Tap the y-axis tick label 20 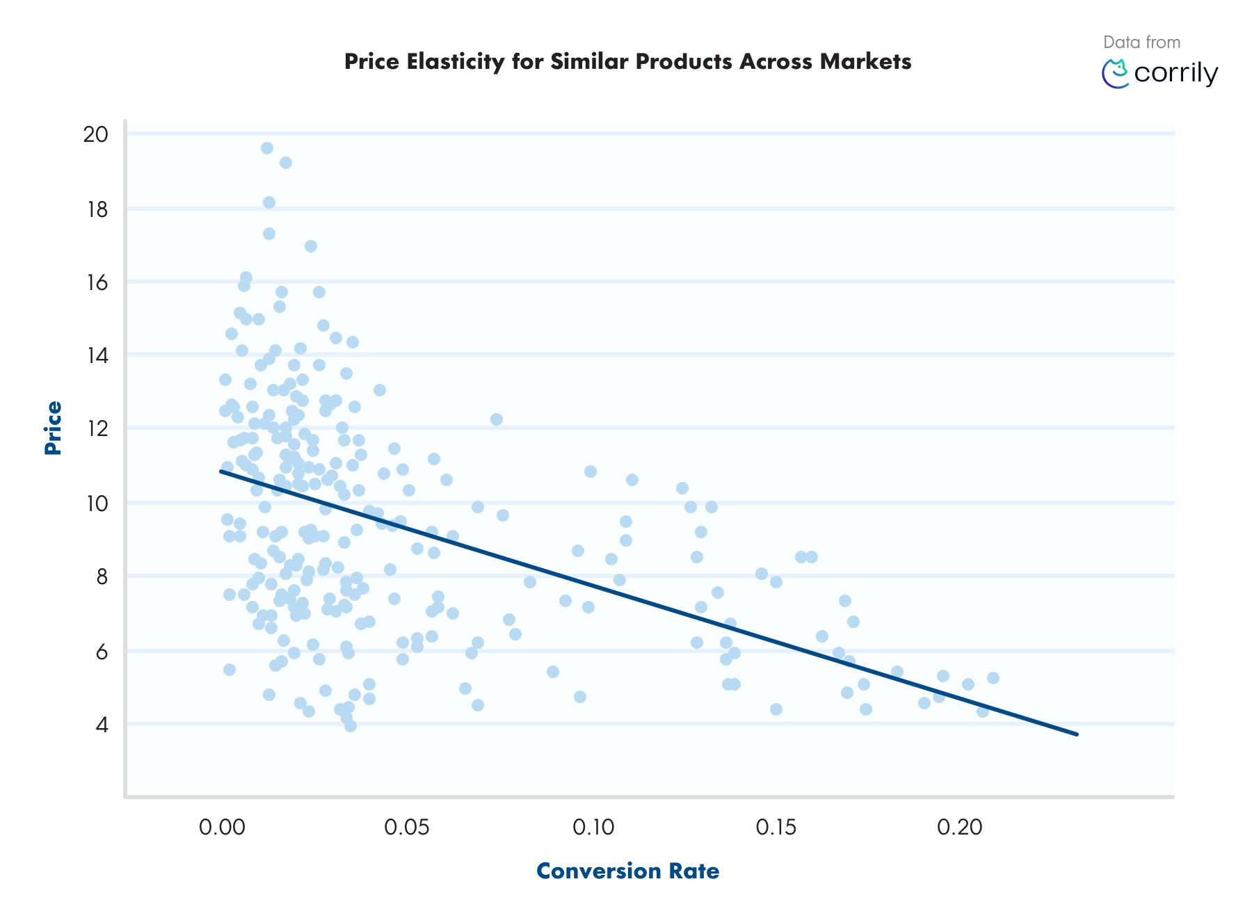[96, 134]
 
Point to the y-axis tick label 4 [102, 725]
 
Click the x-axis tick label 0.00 [222, 827]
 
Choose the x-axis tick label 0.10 [593, 827]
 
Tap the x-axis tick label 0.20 [960, 827]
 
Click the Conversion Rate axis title [627, 871]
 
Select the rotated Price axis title [53, 428]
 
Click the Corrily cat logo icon [1116, 74]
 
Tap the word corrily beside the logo [1175, 74]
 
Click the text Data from [1141, 42]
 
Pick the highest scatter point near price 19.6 [267, 148]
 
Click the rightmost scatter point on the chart [993, 678]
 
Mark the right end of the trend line [1076, 734]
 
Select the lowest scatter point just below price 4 [351, 726]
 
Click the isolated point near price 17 [311, 246]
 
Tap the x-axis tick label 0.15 [776, 827]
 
